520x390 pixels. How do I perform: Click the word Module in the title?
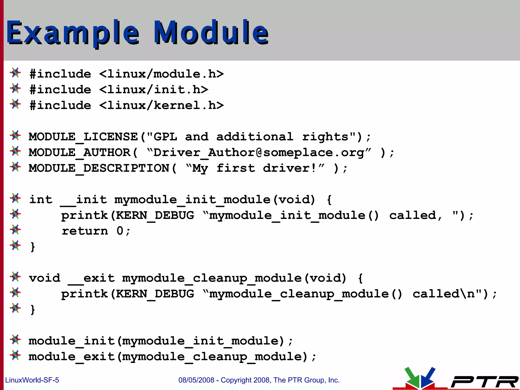pyautogui.click(x=211, y=32)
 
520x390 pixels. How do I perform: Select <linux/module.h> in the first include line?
pyautogui.click(x=161, y=74)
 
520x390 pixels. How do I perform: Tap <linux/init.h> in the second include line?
pyautogui.click(x=154, y=90)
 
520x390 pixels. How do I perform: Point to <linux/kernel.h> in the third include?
pyautogui.click(x=161, y=105)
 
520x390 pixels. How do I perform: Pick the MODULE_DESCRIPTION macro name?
pyautogui.click(x=99, y=168)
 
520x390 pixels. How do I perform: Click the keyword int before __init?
pyautogui.click(x=41, y=200)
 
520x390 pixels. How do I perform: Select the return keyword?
pyautogui.click(x=85, y=231)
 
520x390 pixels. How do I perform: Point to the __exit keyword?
pyautogui.click(x=91, y=278)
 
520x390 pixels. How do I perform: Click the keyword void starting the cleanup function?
pyautogui.click(x=44, y=278)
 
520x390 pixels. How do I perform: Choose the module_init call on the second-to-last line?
pyautogui.click(x=72, y=341)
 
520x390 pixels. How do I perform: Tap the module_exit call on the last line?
pyautogui.click(x=72, y=357)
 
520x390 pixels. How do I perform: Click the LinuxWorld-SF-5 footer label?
pyautogui.click(x=32, y=380)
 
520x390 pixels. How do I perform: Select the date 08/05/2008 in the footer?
pyautogui.click(x=196, y=380)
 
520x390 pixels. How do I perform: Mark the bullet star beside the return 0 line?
pyautogui.click(x=15, y=230)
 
